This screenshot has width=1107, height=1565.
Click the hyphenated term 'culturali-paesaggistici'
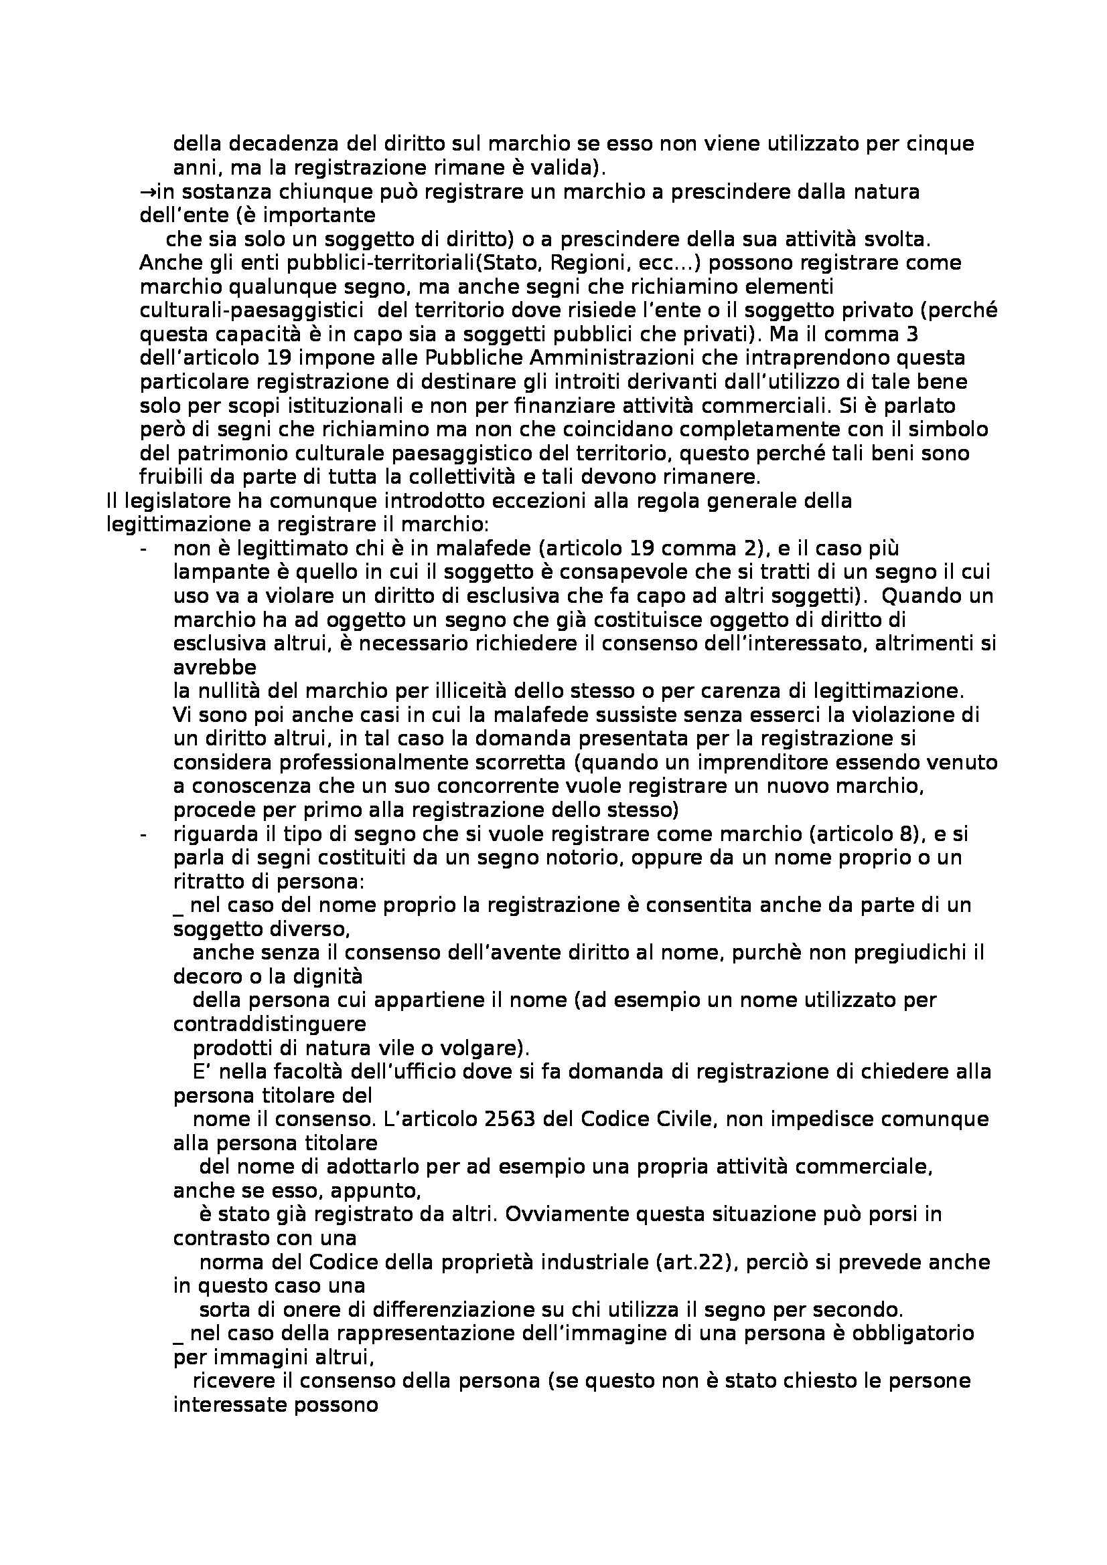point(251,311)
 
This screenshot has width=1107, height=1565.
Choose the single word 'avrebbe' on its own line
point(215,667)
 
